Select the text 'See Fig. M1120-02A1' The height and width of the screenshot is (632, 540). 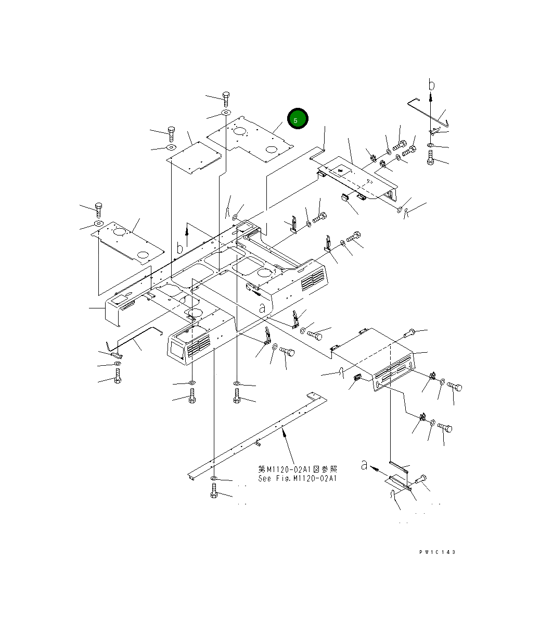pos(297,478)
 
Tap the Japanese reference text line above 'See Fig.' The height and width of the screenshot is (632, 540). pos(297,469)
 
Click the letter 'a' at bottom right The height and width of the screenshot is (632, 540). pos(364,465)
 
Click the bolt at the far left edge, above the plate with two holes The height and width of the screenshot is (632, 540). pos(98,209)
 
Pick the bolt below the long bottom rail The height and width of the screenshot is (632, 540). pos(214,491)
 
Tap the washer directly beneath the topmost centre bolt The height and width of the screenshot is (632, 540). pos(226,113)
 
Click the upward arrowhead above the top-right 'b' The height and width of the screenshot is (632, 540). pos(431,96)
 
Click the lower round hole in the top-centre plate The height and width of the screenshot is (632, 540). pos(271,150)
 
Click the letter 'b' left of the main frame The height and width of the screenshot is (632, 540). pos(179,248)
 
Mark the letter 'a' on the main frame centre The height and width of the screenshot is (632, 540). pos(262,307)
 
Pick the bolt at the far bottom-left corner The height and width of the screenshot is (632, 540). pos(117,376)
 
